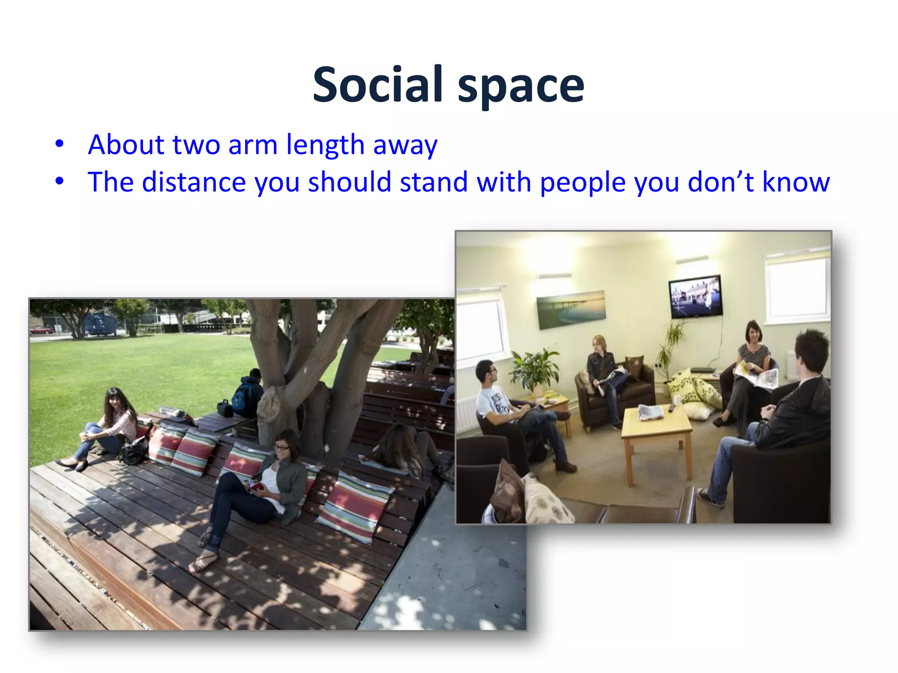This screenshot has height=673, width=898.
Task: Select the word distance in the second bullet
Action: [194, 182]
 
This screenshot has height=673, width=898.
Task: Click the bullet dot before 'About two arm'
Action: [60, 144]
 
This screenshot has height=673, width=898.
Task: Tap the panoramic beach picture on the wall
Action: [571, 308]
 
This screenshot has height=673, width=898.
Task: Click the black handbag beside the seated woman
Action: [133, 451]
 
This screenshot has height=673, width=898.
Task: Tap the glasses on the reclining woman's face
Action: [282, 448]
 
